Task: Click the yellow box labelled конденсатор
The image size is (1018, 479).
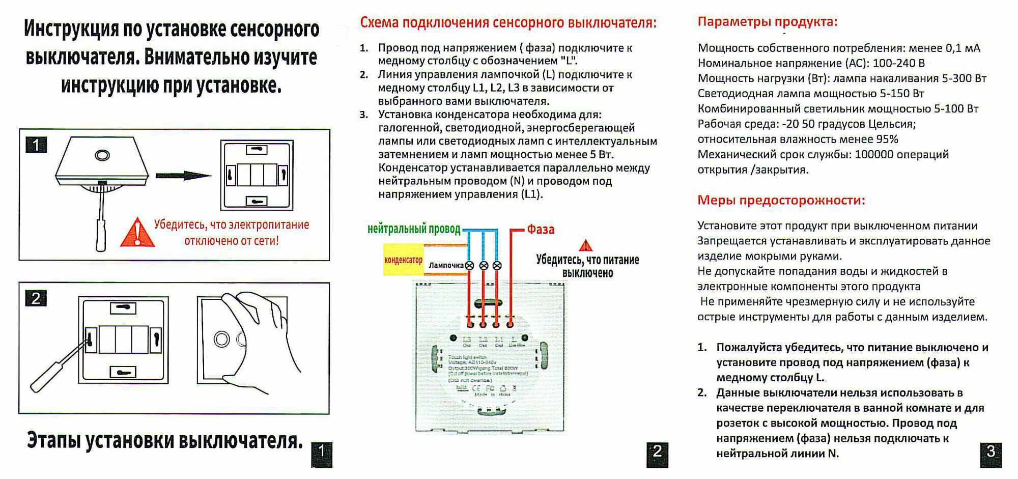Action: [x=403, y=260]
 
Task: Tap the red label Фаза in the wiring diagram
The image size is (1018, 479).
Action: [x=540, y=230]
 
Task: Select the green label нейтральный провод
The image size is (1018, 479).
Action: [x=413, y=229]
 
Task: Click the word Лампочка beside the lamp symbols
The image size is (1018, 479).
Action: [x=446, y=265]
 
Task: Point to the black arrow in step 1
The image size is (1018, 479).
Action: [x=183, y=176]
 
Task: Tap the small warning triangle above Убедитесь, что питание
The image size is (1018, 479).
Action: [x=586, y=246]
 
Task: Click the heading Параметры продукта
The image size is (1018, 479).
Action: [x=767, y=22]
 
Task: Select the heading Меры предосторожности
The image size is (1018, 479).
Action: [x=781, y=200]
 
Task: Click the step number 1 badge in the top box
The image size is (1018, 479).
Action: [x=36, y=146]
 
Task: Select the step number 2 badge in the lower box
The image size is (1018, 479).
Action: [x=36, y=298]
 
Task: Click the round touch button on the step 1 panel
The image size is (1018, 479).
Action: [x=102, y=154]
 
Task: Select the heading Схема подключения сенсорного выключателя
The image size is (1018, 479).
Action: [x=508, y=23]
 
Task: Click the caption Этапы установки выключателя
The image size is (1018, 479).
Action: [x=164, y=441]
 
